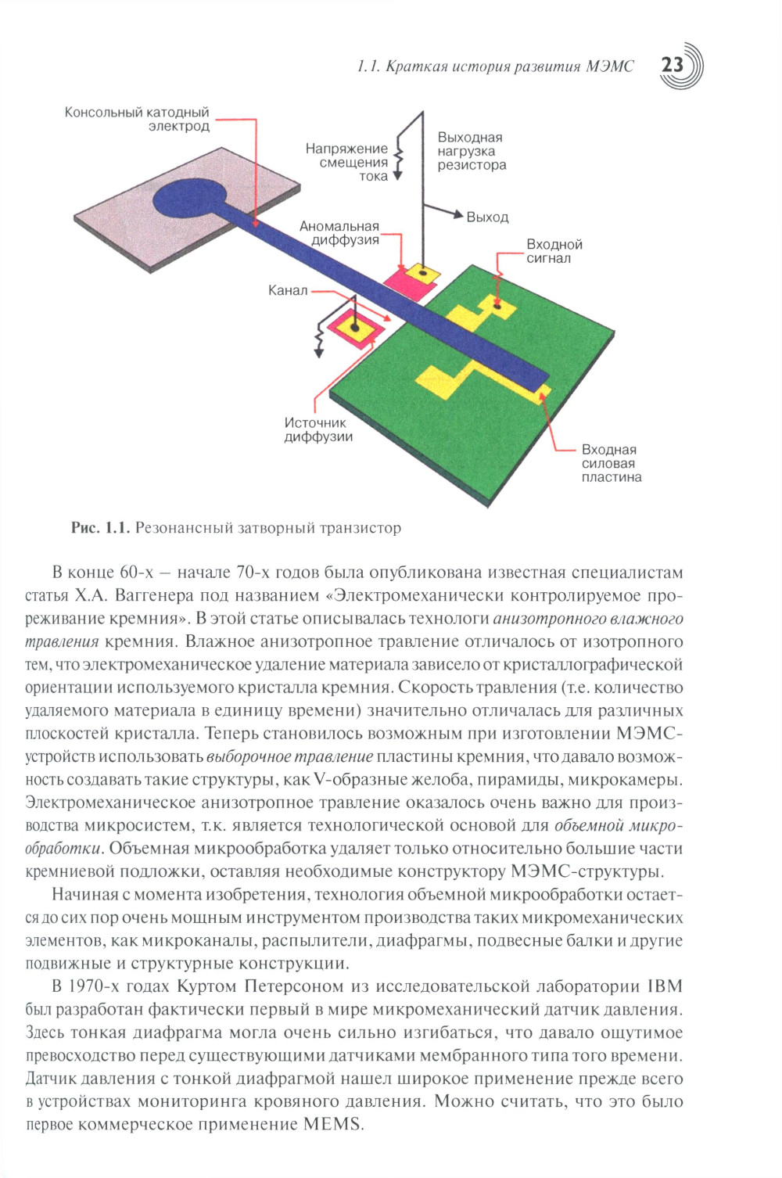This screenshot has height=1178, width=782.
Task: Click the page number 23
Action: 673,65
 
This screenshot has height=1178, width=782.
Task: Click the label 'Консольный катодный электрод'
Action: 138,120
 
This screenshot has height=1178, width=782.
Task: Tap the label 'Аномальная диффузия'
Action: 339,233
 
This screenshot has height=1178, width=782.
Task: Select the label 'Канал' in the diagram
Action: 288,291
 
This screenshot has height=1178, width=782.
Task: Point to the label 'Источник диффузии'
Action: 317,429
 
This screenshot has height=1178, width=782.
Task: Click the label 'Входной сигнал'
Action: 554,251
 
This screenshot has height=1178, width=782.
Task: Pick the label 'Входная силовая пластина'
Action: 611,463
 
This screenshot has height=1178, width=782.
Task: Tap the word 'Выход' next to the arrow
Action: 487,217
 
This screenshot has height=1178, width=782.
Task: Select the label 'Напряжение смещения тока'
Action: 347,162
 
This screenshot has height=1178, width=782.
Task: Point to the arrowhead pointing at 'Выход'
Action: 459,214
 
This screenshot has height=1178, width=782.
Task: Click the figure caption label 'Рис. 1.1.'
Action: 99,528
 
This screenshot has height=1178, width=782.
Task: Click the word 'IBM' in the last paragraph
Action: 665,986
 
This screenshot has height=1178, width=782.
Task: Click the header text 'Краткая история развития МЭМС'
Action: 510,66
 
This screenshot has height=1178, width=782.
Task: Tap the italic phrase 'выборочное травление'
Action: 290,756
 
